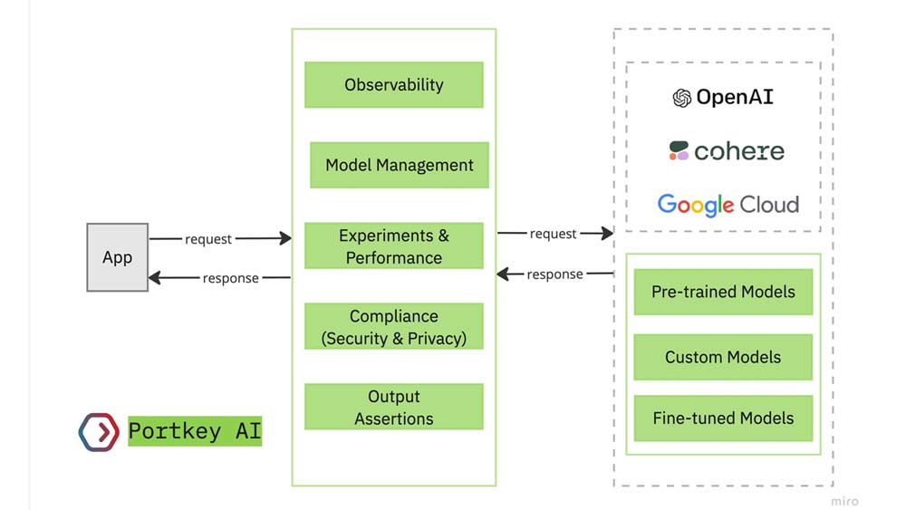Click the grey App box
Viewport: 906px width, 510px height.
(117, 257)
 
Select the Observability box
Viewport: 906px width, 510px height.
(394, 85)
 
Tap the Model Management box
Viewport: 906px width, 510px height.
(400, 165)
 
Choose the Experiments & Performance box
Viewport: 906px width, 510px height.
(394, 246)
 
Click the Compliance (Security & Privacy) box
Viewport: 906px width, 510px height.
(394, 327)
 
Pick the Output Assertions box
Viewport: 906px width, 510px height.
(394, 407)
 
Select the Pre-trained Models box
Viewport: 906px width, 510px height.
(723, 292)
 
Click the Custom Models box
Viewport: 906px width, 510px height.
(723, 357)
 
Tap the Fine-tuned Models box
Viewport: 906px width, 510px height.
(723, 419)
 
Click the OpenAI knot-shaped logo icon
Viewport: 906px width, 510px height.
(682, 98)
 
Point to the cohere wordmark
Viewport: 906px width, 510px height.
(739, 151)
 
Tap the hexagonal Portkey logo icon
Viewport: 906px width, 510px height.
(99, 432)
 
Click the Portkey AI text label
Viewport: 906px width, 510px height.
(195, 431)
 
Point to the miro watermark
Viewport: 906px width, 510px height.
(844, 501)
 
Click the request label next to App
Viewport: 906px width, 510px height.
(208, 239)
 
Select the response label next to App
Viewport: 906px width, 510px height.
(230, 278)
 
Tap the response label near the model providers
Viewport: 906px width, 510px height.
(554, 274)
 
